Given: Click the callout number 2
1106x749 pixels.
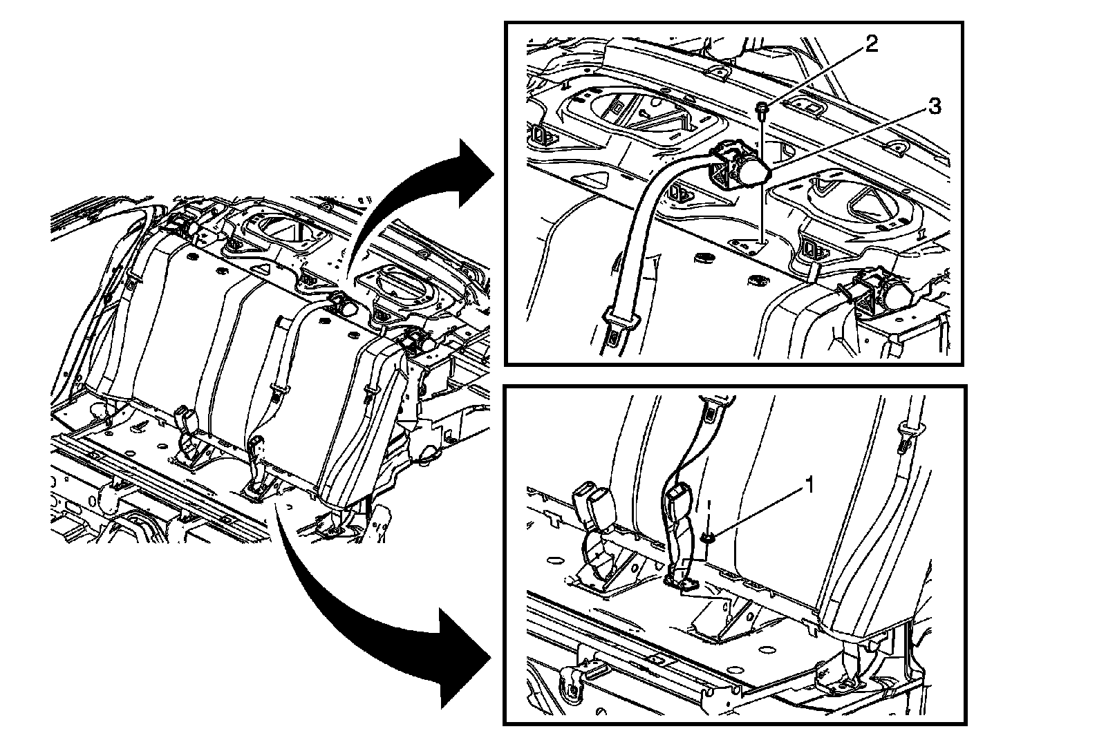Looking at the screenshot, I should pyautogui.click(x=872, y=44).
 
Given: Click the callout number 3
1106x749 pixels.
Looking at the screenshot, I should pyautogui.click(x=933, y=106).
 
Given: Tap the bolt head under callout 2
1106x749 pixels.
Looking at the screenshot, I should pyautogui.click(x=760, y=107).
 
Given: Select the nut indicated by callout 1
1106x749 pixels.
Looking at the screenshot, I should pyautogui.click(x=709, y=538).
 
